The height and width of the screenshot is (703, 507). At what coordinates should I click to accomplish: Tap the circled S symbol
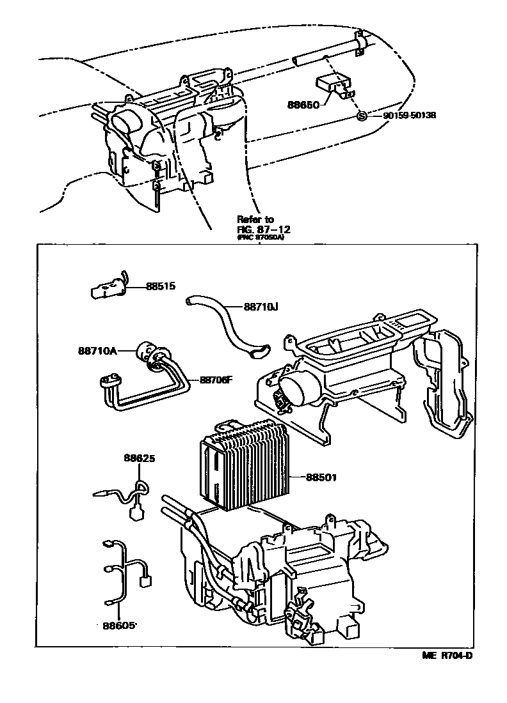(361, 116)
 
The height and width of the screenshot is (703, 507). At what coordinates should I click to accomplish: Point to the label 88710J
(261, 306)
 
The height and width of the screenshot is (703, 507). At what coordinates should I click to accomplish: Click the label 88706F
(216, 380)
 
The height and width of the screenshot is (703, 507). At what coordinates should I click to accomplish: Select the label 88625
(140, 458)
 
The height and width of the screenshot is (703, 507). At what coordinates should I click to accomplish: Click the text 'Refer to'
(255, 219)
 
